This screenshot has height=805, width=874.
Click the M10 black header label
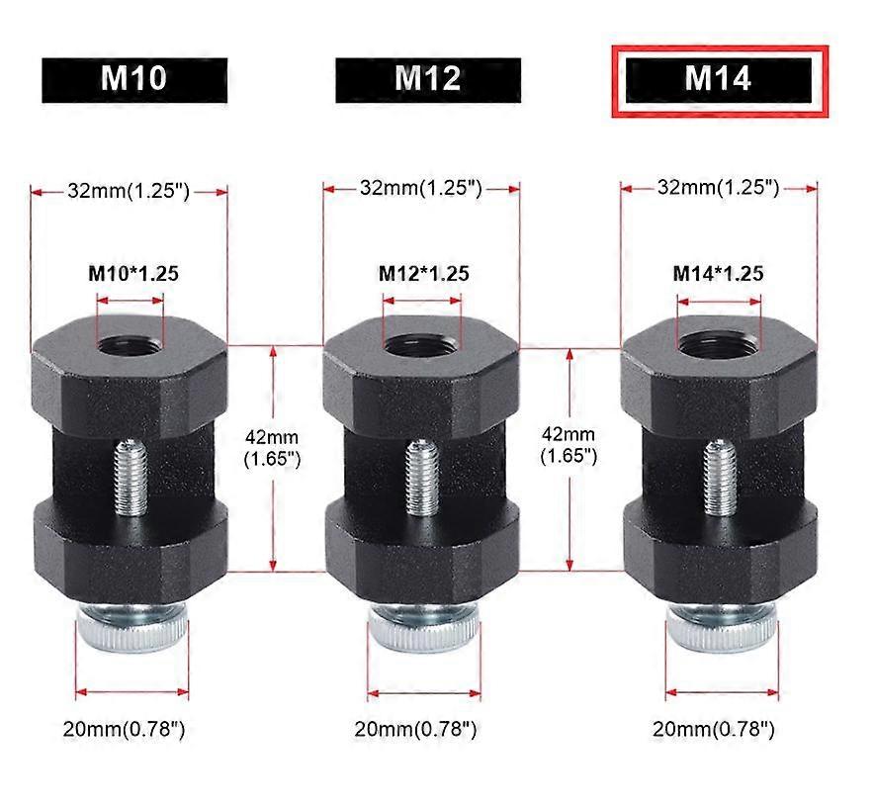point(134,79)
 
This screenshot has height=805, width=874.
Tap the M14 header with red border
point(718,79)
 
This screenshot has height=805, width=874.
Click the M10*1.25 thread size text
point(133,273)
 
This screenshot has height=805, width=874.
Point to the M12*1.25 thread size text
point(423,273)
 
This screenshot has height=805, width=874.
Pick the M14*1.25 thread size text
point(718,273)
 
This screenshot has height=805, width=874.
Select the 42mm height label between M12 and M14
point(568,446)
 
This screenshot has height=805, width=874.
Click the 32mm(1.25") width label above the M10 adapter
point(129,191)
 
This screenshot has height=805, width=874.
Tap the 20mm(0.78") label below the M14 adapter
point(714,730)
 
